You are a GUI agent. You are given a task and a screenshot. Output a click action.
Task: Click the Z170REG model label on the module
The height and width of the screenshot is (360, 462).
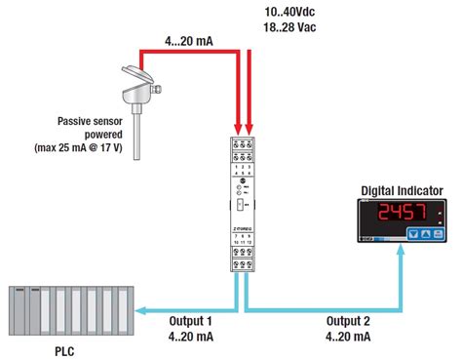pos(244,221)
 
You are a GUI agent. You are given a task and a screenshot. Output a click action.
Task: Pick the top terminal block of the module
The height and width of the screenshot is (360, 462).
pos(245,155)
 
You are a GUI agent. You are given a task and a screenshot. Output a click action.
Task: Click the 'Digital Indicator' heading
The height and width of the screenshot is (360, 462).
pos(403,190)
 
